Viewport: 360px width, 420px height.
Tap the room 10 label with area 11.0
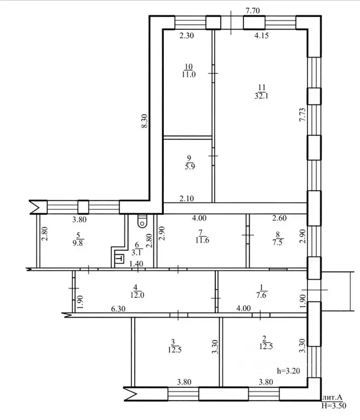tap(188, 71)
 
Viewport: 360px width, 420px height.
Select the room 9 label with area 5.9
tap(190, 162)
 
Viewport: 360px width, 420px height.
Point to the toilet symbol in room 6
tap(142, 221)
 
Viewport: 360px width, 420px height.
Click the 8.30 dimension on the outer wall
tap(145, 121)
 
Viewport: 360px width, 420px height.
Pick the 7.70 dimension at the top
tap(253, 10)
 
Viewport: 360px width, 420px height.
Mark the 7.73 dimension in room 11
tap(302, 114)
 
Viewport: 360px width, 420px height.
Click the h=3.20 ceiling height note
tap(288, 371)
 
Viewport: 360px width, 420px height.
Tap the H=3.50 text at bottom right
tap(334, 406)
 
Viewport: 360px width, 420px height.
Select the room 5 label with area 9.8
tap(78, 239)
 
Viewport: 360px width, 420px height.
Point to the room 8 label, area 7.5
tap(278, 239)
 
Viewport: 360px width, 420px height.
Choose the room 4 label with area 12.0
tap(137, 291)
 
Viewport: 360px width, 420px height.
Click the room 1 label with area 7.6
tap(261, 291)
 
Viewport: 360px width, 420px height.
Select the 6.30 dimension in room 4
tap(118, 309)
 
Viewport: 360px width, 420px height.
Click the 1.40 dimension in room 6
tap(136, 264)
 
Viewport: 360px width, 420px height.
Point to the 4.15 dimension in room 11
tap(261, 36)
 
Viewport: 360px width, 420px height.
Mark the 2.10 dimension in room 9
tap(186, 198)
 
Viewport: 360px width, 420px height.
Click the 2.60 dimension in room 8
tap(279, 218)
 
